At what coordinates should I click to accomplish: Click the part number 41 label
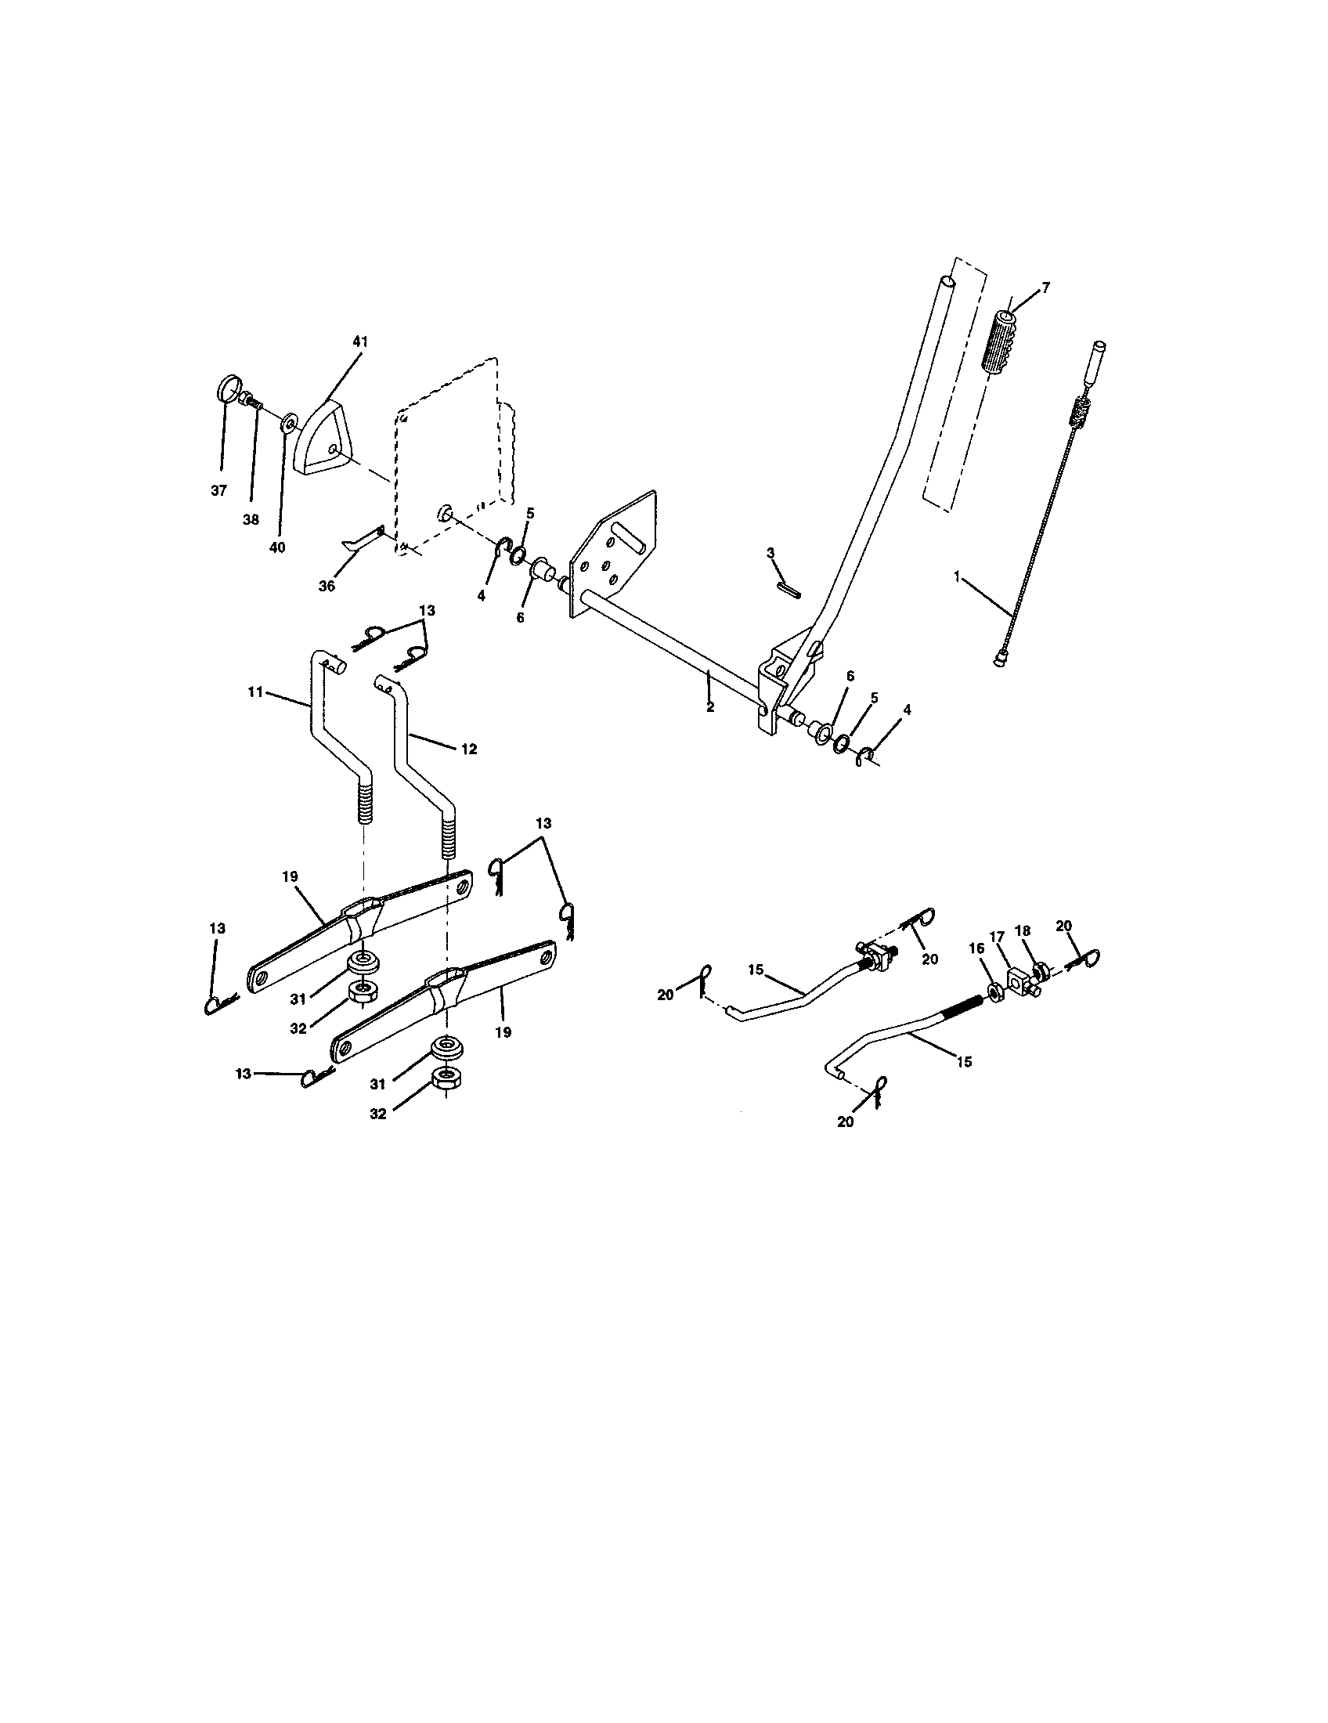(x=360, y=341)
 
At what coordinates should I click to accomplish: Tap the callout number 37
(x=218, y=491)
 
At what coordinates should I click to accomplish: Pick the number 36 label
(x=327, y=585)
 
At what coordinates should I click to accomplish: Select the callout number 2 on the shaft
(x=709, y=707)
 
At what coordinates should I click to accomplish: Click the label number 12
(x=468, y=749)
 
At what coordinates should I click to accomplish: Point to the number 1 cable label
(x=957, y=576)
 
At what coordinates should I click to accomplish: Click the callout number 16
(x=976, y=948)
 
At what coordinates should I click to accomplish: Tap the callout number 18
(x=1023, y=931)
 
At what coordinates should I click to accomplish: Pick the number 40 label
(x=277, y=547)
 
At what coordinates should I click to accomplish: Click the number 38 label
(x=251, y=520)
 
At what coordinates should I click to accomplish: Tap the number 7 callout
(x=1045, y=288)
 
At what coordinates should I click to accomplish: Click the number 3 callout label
(x=771, y=552)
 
